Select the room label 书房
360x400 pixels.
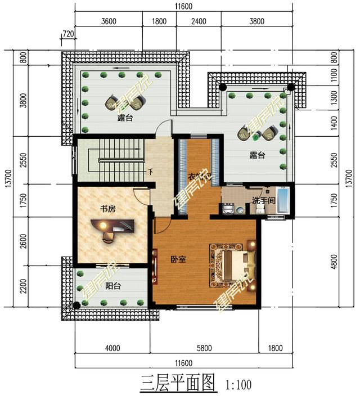point(107,209)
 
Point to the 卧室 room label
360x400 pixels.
point(178,259)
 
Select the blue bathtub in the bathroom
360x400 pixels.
point(283,201)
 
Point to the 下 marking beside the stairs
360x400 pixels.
point(150,171)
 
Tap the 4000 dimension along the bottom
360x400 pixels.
point(112,349)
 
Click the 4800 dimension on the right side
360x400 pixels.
point(333,261)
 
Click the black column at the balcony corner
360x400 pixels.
point(76,306)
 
